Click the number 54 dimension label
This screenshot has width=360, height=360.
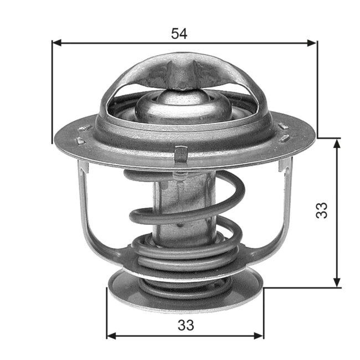pyautogui.click(x=179, y=33)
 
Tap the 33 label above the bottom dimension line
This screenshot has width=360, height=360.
pyautogui.click(x=187, y=325)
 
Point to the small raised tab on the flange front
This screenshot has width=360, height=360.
pyautogui.click(x=181, y=153)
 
